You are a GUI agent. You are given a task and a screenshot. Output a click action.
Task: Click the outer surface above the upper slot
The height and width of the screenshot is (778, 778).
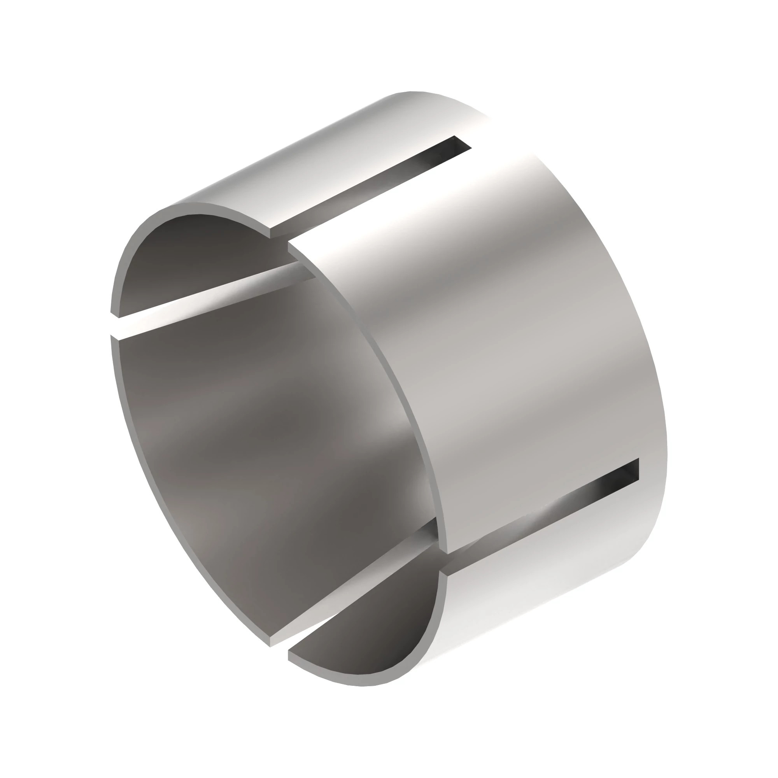pyautogui.click(x=322, y=161)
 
